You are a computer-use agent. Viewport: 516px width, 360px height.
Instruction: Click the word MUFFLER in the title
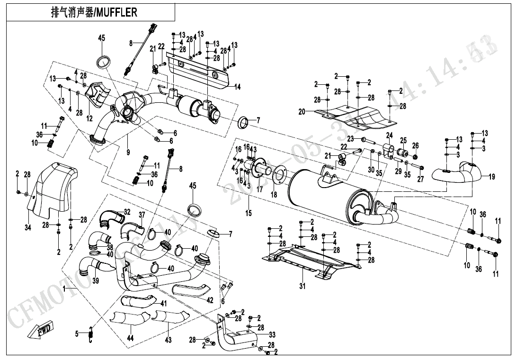tap(116, 12)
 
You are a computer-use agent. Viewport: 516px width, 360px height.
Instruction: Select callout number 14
tap(237, 87)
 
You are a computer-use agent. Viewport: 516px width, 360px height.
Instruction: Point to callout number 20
tap(302, 112)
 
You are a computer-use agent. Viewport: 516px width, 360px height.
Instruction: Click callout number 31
tap(302, 286)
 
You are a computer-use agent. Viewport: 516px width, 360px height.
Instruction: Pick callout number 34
tap(28, 227)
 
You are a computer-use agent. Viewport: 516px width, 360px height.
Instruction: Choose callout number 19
tap(492, 177)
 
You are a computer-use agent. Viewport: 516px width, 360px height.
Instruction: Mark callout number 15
tap(249, 213)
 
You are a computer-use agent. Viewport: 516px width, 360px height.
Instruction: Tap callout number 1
tap(64, 288)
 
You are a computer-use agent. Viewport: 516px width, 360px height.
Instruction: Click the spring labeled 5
tap(92, 334)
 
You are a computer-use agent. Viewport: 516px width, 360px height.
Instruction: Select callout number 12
tap(89, 118)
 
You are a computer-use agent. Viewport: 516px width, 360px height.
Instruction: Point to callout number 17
tap(259, 189)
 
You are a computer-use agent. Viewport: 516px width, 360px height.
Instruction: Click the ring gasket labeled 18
tap(279, 175)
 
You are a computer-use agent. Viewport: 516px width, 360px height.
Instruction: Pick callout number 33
tap(272, 335)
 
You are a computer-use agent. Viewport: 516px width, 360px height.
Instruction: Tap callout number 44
tap(130, 339)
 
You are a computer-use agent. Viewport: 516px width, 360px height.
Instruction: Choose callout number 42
tap(210, 300)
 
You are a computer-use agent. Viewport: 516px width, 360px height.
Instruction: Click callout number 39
tap(96, 281)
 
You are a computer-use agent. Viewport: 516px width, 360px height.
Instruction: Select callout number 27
tap(420, 179)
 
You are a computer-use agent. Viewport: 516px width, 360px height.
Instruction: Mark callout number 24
tap(389, 135)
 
